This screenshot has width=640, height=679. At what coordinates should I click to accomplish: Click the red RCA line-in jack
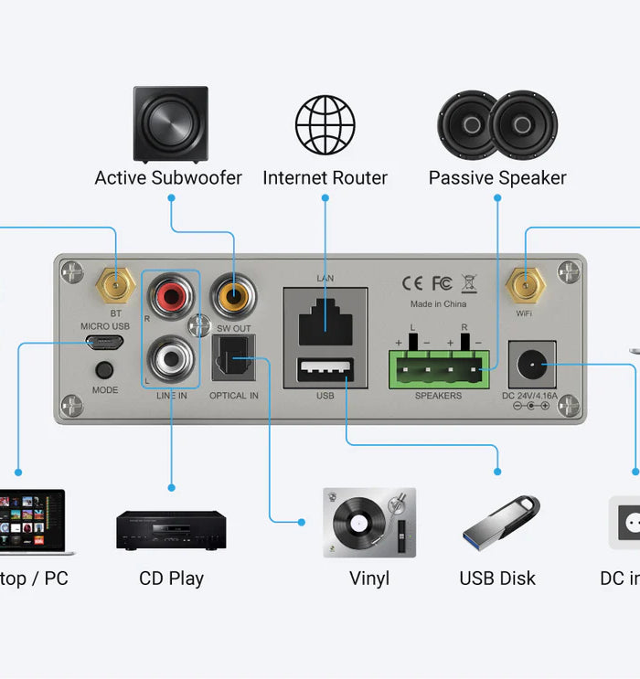(171, 297)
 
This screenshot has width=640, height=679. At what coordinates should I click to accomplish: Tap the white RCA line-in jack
(171, 357)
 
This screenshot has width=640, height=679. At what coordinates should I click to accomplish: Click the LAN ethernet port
(325, 316)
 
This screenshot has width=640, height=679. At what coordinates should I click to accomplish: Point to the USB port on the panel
(325, 371)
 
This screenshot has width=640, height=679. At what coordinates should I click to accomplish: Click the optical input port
(233, 358)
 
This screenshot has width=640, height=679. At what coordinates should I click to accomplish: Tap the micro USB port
(105, 343)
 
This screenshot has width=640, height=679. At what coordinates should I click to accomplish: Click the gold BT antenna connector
(115, 285)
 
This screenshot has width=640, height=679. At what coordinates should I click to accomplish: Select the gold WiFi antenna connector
(524, 285)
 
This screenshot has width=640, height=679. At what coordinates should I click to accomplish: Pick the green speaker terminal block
(438, 368)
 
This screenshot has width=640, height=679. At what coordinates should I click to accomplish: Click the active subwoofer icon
(171, 123)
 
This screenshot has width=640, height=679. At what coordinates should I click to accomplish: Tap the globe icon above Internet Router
(325, 124)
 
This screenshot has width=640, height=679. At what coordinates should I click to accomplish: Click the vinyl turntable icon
(368, 522)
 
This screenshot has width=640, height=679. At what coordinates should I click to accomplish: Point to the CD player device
(171, 530)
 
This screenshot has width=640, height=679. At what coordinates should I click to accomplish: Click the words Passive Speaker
(497, 177)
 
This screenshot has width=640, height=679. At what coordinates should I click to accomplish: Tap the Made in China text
(438, 303)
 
